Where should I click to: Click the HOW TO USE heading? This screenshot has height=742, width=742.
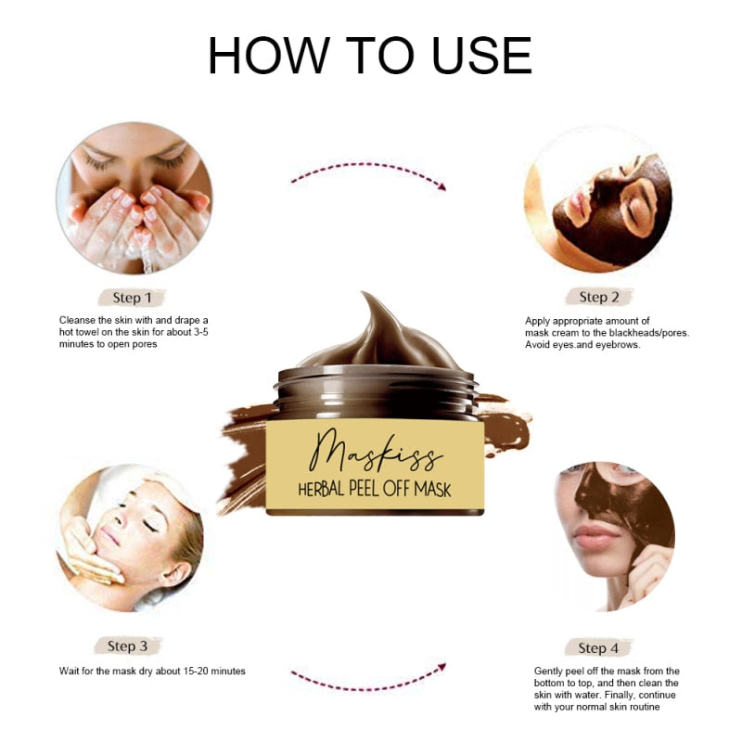(370, 56)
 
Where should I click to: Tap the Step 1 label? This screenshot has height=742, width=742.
(132, 298)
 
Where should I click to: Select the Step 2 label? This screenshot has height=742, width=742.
(598, 297)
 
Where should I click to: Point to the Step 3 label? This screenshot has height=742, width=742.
(128, 646)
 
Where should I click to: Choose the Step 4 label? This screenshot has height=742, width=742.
(598, 647)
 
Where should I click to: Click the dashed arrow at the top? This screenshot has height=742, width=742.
(368, 173)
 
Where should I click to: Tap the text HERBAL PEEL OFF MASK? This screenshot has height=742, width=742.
(374, 488)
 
